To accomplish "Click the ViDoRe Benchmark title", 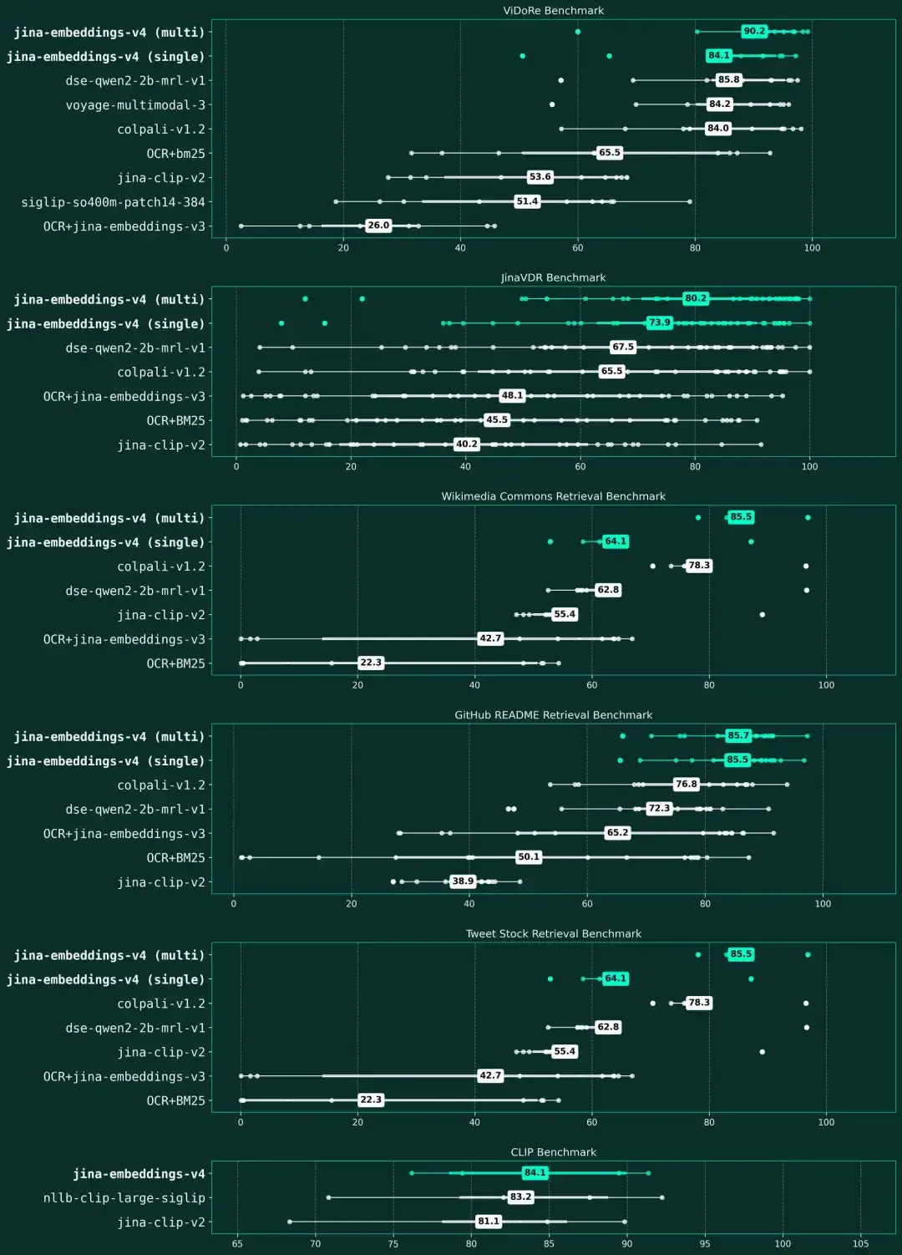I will tap(553, 11).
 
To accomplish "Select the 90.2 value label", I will tap(753, 31).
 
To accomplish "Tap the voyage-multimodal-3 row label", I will tap(135, 104).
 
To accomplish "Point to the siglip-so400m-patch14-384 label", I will tap(113, 202).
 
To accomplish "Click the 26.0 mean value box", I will tap(378, 226).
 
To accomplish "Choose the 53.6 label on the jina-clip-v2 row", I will tap(540, 177).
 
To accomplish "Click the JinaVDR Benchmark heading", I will tap(553, 277).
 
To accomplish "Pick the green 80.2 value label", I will tap(695, 298).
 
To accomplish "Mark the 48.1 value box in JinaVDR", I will tap(512, 396).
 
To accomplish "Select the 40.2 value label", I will tap(466, 445).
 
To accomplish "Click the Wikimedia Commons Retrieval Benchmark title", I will tap(553, 496).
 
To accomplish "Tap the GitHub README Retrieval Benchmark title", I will tap(553, 715).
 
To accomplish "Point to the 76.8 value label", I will tap(686, 785).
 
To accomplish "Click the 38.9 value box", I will tap(463, 882).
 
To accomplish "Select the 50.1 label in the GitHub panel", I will tap(529, 857).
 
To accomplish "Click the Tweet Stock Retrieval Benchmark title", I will tap(553, 934).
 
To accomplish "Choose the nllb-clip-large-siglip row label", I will tap(124, 1198).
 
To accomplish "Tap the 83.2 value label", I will tap(520, 1197).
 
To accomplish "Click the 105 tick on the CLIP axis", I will tap(860, 1243).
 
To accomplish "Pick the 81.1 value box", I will tap(488, 1222).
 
